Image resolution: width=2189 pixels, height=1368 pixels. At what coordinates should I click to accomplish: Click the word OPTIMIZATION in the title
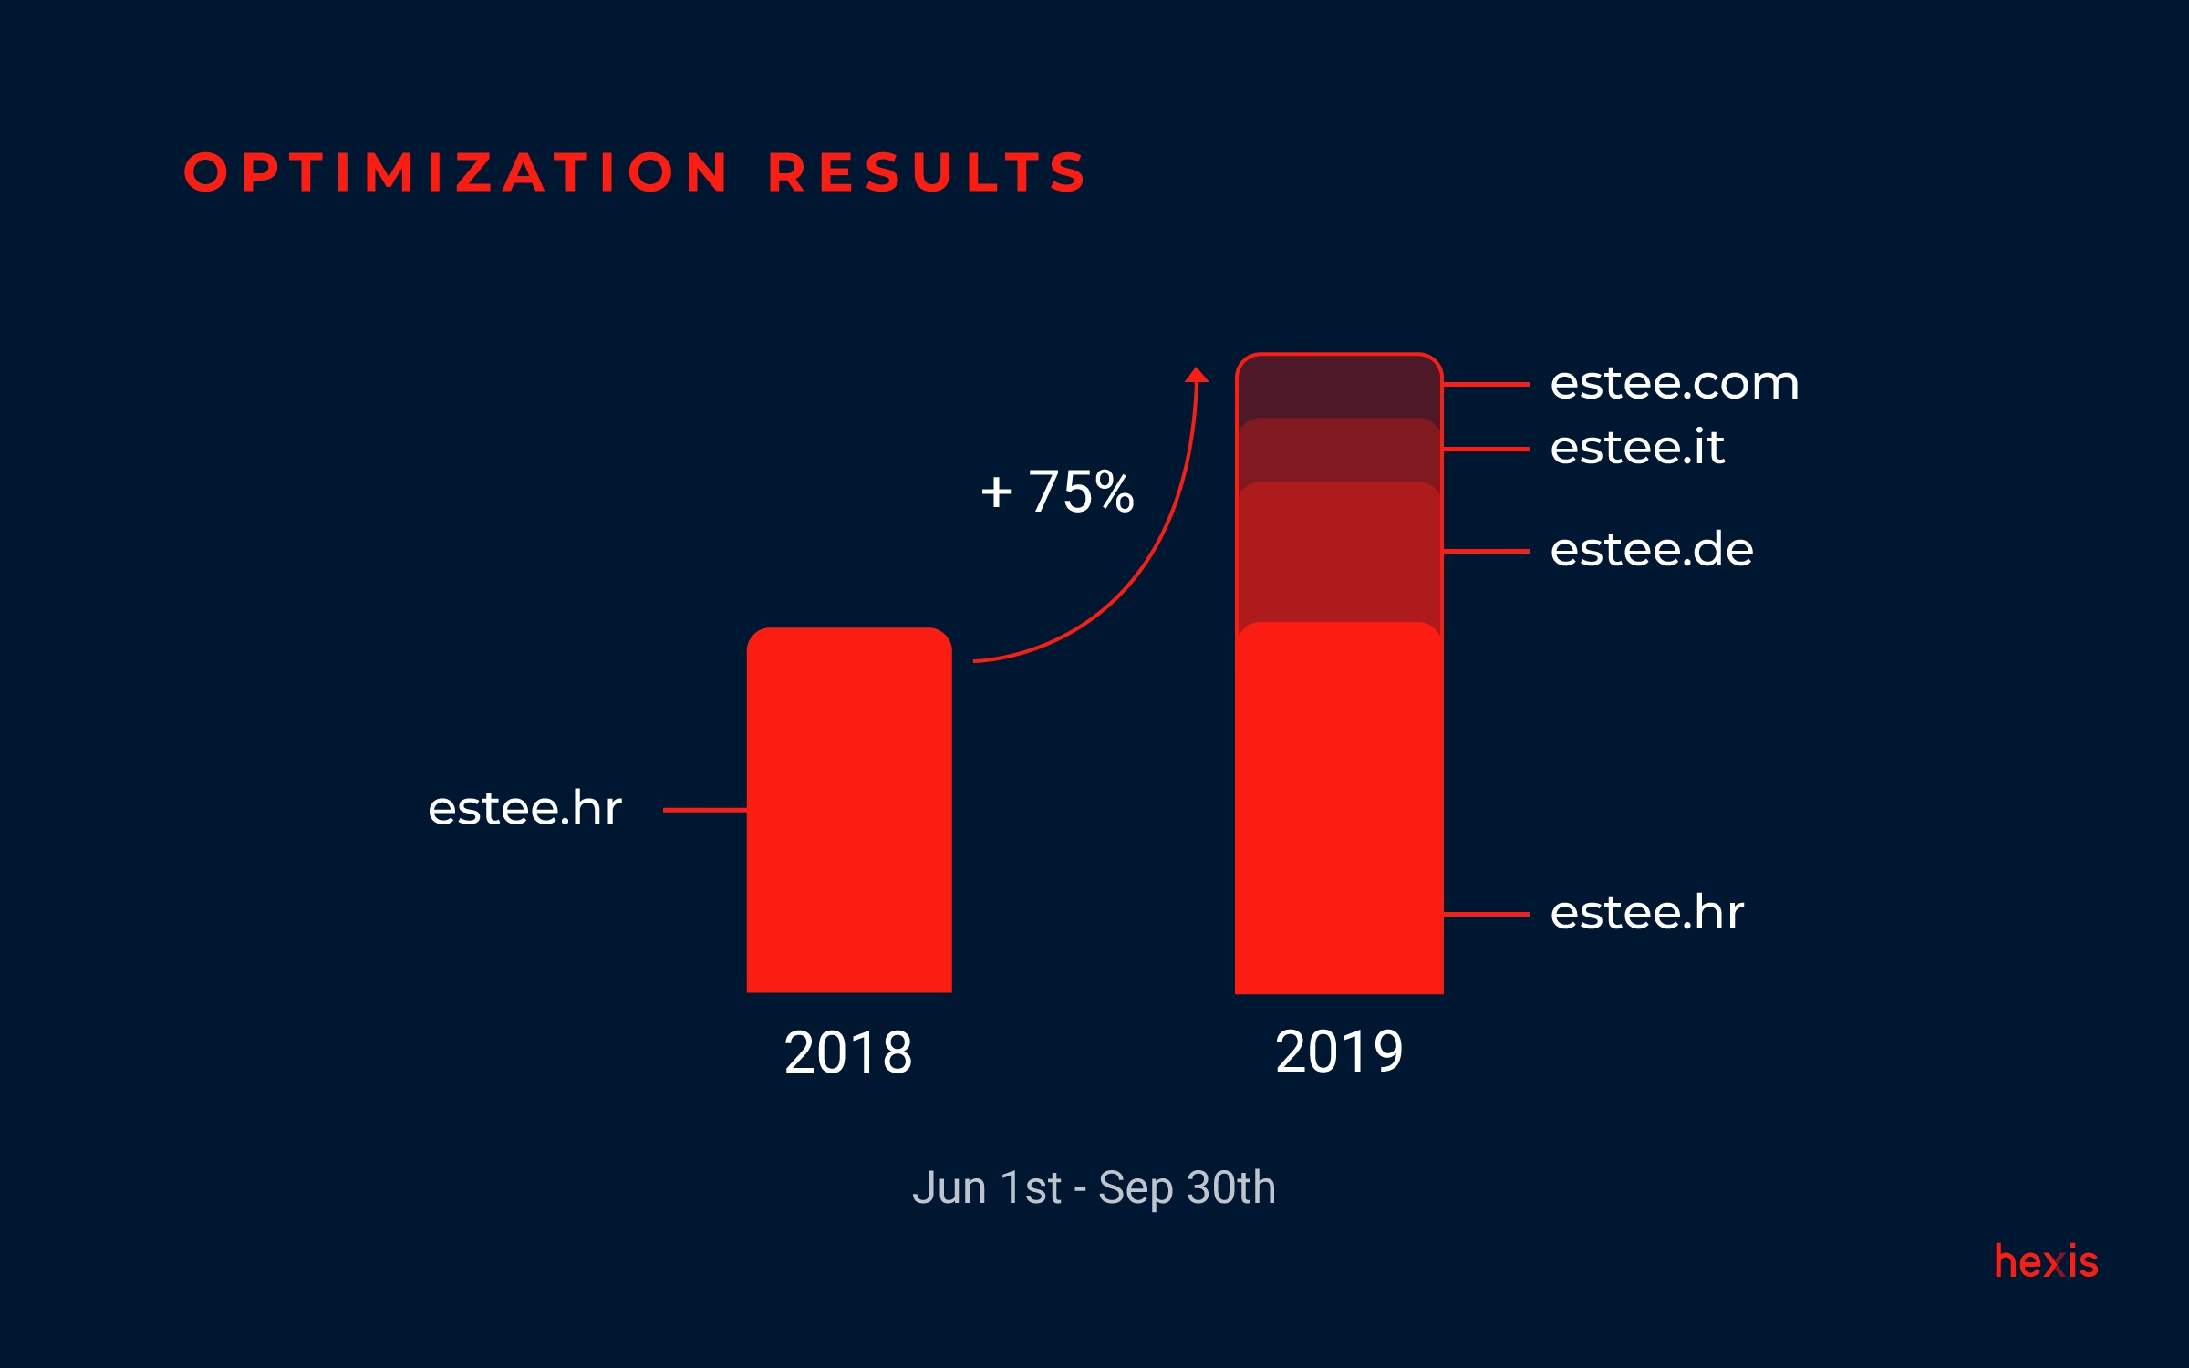456,172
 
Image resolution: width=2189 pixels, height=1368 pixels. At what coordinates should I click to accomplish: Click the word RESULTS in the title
928,172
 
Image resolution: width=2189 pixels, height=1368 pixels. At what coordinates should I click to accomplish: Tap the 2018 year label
848,1052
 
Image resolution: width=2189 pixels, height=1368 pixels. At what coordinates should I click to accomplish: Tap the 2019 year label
1339,1052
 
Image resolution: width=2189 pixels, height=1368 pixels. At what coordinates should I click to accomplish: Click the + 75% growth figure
1057,492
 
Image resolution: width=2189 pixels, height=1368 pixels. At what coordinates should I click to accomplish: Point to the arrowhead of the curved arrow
1197,375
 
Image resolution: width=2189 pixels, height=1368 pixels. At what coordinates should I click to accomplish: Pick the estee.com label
1675,383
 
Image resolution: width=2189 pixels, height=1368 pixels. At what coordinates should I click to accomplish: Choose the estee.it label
1637,448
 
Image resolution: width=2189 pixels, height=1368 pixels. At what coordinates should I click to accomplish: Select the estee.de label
1652,550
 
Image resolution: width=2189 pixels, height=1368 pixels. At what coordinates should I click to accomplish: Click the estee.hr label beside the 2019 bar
1647,913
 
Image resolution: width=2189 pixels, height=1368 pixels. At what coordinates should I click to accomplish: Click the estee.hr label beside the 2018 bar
525,809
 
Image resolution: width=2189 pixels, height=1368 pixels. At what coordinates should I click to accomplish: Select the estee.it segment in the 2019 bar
1339,451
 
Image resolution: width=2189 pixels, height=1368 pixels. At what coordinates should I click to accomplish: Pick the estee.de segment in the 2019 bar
1339,553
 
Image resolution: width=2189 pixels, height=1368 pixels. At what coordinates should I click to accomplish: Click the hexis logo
2046,1262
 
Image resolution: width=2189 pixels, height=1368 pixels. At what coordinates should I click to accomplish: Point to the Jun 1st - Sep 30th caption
1094,1188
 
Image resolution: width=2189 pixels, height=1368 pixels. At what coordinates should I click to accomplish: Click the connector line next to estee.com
1486,385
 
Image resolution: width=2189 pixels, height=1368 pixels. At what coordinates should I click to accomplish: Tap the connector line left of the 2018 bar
704,810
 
